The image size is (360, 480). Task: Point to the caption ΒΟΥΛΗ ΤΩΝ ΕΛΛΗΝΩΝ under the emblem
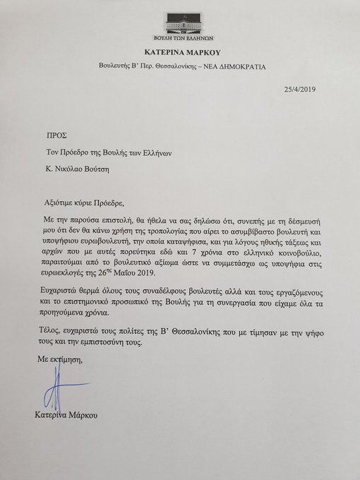181,39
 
